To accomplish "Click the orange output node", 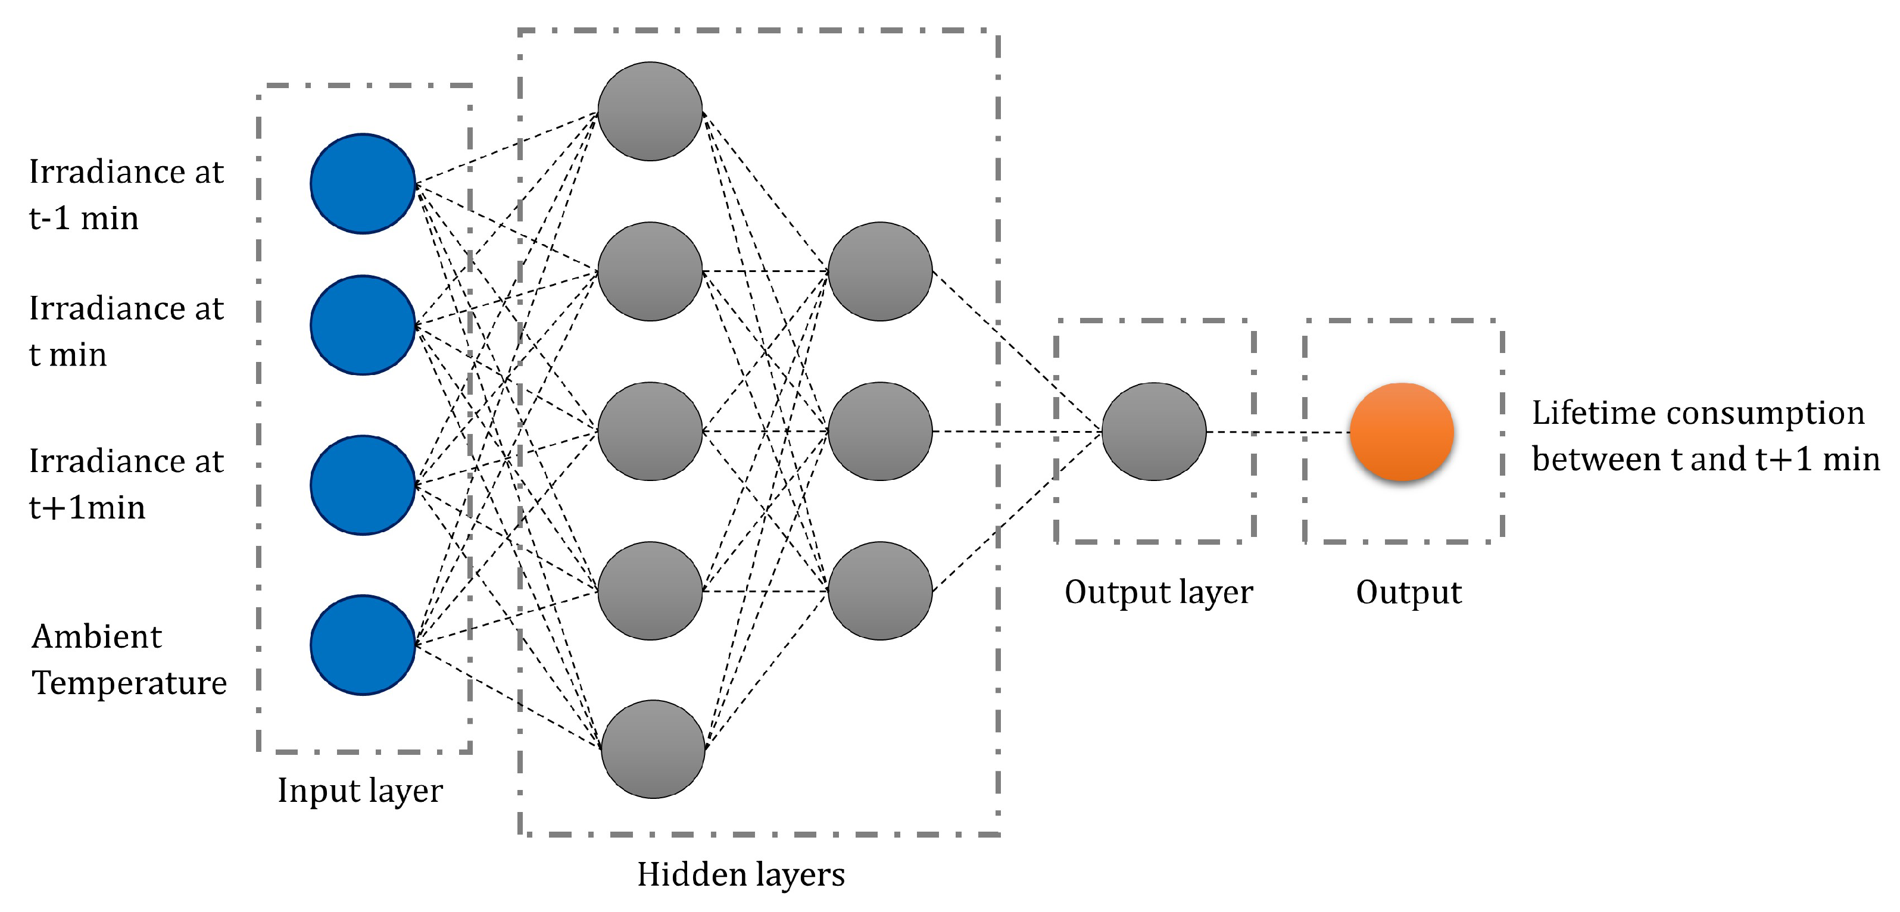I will pos(1402,432).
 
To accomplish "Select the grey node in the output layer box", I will pos(1153,432).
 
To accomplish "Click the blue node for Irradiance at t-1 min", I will pos(362,183).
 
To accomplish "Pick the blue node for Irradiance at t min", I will pos(362,325).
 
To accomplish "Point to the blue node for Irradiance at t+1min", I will pos(362,485).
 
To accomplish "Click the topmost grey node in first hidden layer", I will pos(650,111).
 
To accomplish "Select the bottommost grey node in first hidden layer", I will pos(653,749).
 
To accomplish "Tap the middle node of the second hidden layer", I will pos(880,432).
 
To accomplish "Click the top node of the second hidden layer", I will pos(880,271).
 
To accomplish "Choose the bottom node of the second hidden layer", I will pos(880,591).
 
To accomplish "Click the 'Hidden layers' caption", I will pos(741,875).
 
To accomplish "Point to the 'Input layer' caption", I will pos(360,791).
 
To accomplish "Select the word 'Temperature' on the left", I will pos(129,683).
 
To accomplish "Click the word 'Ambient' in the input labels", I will pos(96,636).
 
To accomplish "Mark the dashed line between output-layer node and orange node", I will pos(1278,432).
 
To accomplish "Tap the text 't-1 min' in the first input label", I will pos(83,219).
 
